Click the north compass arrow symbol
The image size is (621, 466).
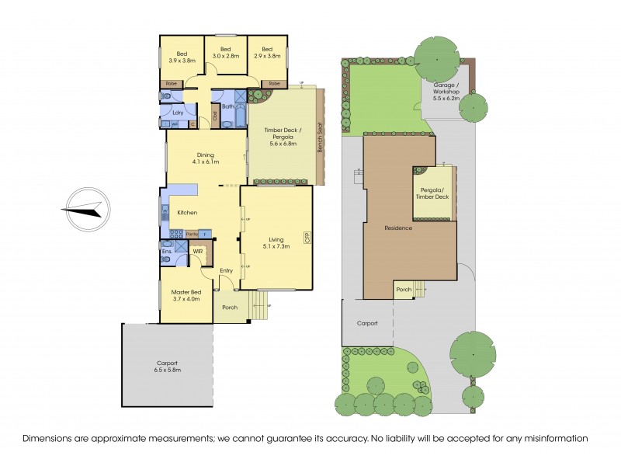click(85, 209)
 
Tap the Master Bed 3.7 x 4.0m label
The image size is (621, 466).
click(186, 296)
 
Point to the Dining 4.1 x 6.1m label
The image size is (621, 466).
click(206, 158)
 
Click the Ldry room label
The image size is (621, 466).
click(177, 113)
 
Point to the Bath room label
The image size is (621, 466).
click(228, 106)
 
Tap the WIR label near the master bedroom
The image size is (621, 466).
click(197, 251)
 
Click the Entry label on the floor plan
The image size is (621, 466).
click(226, 270)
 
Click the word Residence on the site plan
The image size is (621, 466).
click(397, 228)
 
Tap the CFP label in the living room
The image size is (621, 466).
click(307, 239)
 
